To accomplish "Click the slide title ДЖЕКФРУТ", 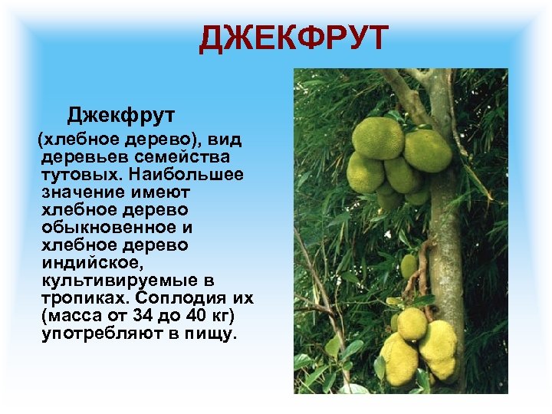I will click(294, 39).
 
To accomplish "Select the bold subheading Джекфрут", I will click(121, 115).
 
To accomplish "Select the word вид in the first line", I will click(225, 139).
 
